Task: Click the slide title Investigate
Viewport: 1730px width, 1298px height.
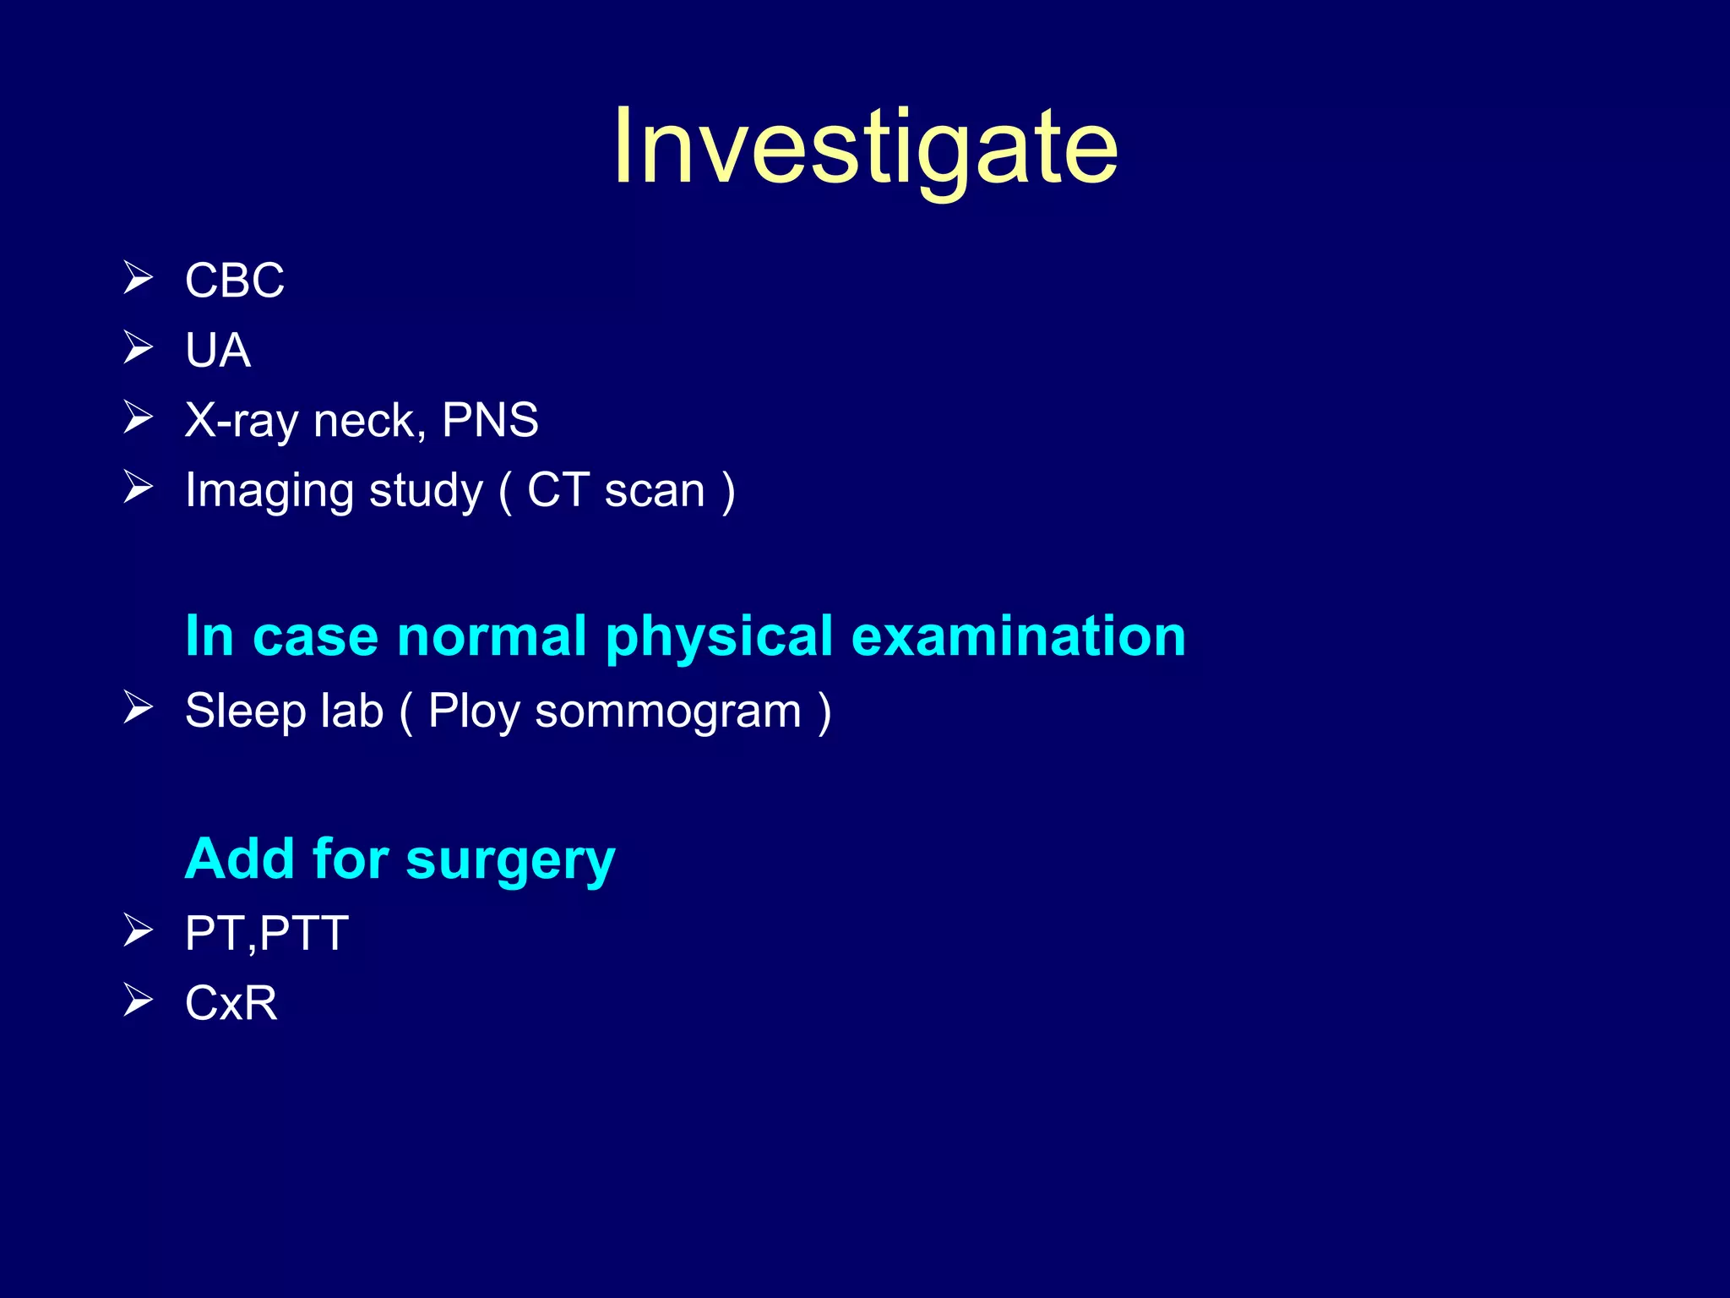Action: pos(865,148)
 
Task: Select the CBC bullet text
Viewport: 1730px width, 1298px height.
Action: pos(234,281)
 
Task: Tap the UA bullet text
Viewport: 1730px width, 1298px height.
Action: pos(217,351)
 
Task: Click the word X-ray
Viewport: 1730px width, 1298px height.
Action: pos(241,421)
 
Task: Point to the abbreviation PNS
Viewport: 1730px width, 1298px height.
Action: pos(490,420)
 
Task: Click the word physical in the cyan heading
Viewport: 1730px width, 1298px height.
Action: pos(719,637)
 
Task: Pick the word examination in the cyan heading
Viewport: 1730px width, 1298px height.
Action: pos(1018,635)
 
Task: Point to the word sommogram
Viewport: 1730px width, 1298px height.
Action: pos(668,712)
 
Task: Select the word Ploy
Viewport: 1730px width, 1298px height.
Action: pos(473,712)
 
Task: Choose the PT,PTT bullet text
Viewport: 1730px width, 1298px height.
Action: pos(266,934)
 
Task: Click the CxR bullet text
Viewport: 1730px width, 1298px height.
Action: pos(231,1004)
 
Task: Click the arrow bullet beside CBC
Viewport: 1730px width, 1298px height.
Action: pos(138,278)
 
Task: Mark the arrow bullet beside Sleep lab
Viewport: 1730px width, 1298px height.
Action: pos(138,707)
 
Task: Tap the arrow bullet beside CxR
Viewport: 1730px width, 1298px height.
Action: pos(138,1001)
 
